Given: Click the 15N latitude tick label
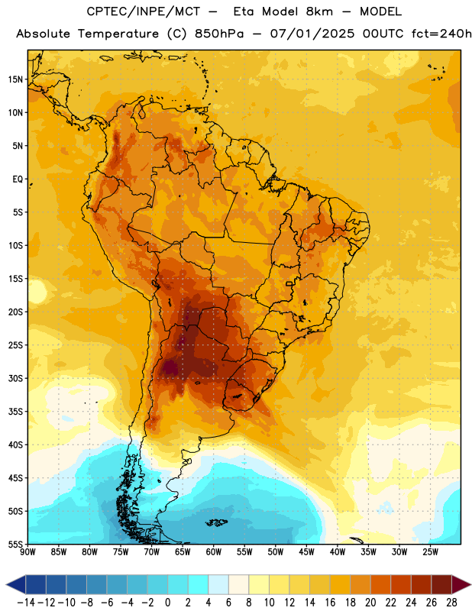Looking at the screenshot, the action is pyautogui.click(x=15, y=79).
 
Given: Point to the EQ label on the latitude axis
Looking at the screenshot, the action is pyautogui.click(x=18, y=179).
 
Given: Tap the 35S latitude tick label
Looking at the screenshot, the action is pyautogui.click(x=15, y=412).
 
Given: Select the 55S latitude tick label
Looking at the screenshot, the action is pyautogui.click(x=15, y=545).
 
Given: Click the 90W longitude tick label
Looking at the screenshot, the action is pyautogui.click(x=27, y=552).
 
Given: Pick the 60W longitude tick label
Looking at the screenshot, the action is pyautogui.click(x=214, y=552).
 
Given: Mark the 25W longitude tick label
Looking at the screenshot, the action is pyautogui.click(x=430, y=552).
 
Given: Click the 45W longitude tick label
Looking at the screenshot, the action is pyautogui.click(x=306, y=552).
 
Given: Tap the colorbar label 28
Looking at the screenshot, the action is pyautogui.click(x=451, y=603).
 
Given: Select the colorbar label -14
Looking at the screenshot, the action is pyautogui.click(x=26, y=603).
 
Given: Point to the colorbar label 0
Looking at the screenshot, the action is pyautogui.click(x=167, y=603).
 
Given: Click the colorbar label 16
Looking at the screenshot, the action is pyautogui.click(x=330, y=603).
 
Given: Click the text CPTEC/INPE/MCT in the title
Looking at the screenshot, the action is pyautogui.click(x=143, y=11).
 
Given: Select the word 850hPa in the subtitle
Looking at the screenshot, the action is pyautogui.click(x=219, y=34).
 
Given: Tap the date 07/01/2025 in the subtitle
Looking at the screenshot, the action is pyautogui.click(x=312, y=34).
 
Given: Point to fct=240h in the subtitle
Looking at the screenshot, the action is pyautogui.click(x=441, y=34).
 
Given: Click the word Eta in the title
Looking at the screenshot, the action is pyautogui.click(x=244, y=11).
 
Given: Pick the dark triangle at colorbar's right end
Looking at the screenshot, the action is pyautogui.click(x=461, y=584).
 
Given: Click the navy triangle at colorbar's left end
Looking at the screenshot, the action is pyautogui.click(x=15, y=584).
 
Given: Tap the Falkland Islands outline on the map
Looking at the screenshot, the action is pyautogui.click(x=216, y=522).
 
